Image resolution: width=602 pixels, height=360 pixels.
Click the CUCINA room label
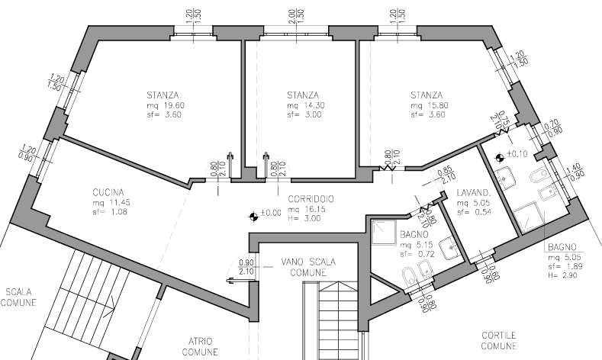tap(108, 193)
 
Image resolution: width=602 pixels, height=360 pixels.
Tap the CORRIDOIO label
tap(310, 200)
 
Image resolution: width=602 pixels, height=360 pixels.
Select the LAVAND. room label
tap(472, 193)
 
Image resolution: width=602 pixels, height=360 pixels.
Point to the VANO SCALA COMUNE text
tap(307, 266)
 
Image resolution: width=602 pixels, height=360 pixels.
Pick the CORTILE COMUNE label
tap(500, 340)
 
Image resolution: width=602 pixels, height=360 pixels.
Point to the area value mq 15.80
tap(428, 105)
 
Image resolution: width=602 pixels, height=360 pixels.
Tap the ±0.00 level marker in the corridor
tap(266, 213)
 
